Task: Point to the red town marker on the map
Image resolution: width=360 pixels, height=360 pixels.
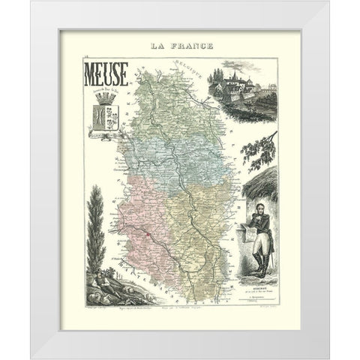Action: pyautogui.click(x=148, y=234)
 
